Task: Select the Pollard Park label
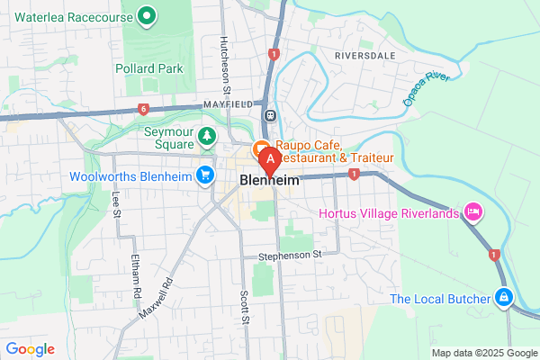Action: (149, 68)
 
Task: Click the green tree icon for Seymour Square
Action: (207, 136)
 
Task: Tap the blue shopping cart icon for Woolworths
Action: (207, 175)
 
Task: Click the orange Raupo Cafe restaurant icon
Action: (262, 148)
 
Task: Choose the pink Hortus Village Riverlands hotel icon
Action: (472, 212)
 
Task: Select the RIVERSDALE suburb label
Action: (365, 55)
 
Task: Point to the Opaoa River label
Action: (425, 89)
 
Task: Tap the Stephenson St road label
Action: (290, 255)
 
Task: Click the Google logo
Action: (31, 349)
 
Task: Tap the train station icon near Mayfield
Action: (269, 115)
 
